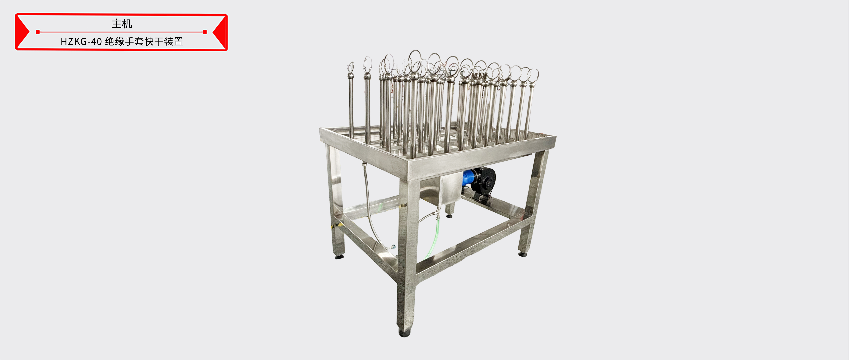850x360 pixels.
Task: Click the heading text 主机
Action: [x=122, y=24]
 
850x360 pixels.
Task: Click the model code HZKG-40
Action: [x=81, y=42]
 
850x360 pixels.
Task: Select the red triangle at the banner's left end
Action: [x=22, y=32]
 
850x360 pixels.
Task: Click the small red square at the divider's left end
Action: [x=38, y=32]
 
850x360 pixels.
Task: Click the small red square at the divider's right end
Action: [x=205, y=32]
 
